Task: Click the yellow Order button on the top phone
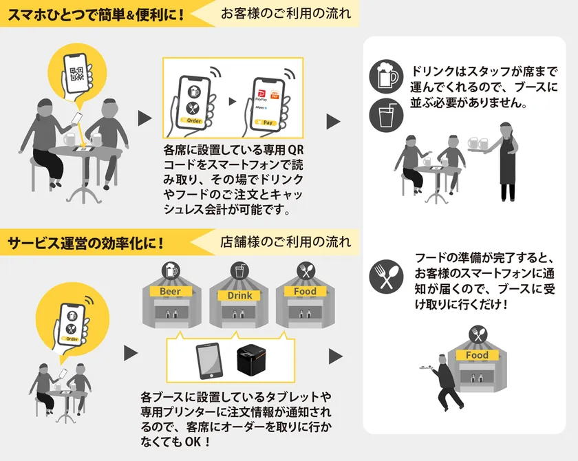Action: [192, 120]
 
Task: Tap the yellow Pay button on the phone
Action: [266, 122]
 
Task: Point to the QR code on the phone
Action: [77, 74]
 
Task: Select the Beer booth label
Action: [171, 292]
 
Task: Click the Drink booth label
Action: [239, 296]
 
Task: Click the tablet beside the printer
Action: [209, 361]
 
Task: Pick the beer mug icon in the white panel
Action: [386, 76]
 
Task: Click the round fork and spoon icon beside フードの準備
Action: [386, 277]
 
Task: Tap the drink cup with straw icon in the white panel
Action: [386, 116]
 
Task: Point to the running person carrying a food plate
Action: [442, 382]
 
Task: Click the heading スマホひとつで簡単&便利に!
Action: [96, 14]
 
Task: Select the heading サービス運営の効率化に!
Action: [85, 243]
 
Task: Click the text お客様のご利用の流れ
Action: [286, 14]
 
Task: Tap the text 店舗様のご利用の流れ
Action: [286, 242]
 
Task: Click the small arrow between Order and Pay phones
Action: [233, 101]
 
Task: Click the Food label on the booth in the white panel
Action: [477, 355]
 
